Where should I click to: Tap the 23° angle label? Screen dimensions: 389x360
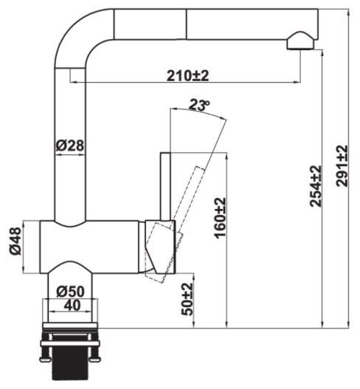tap(198, 106)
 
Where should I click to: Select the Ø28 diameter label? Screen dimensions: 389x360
tap(70, 145)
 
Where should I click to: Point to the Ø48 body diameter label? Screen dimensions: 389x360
tap(15, 241)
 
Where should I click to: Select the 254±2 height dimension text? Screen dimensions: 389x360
tap(316, 186)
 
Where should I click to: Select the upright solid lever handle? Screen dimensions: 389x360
tap(165, 185)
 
